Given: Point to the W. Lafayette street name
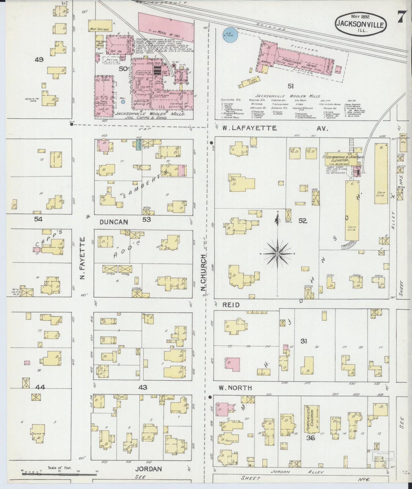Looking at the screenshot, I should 249,128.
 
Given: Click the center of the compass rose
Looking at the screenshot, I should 277,253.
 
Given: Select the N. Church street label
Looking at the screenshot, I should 203,273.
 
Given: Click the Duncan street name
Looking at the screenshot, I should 113,222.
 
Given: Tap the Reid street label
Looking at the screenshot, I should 231,305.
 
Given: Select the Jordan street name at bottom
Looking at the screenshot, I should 148,469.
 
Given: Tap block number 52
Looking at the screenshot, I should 302,221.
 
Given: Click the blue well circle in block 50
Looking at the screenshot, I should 123,101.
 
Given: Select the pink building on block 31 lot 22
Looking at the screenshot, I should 232,364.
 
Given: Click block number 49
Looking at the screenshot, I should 39,60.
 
